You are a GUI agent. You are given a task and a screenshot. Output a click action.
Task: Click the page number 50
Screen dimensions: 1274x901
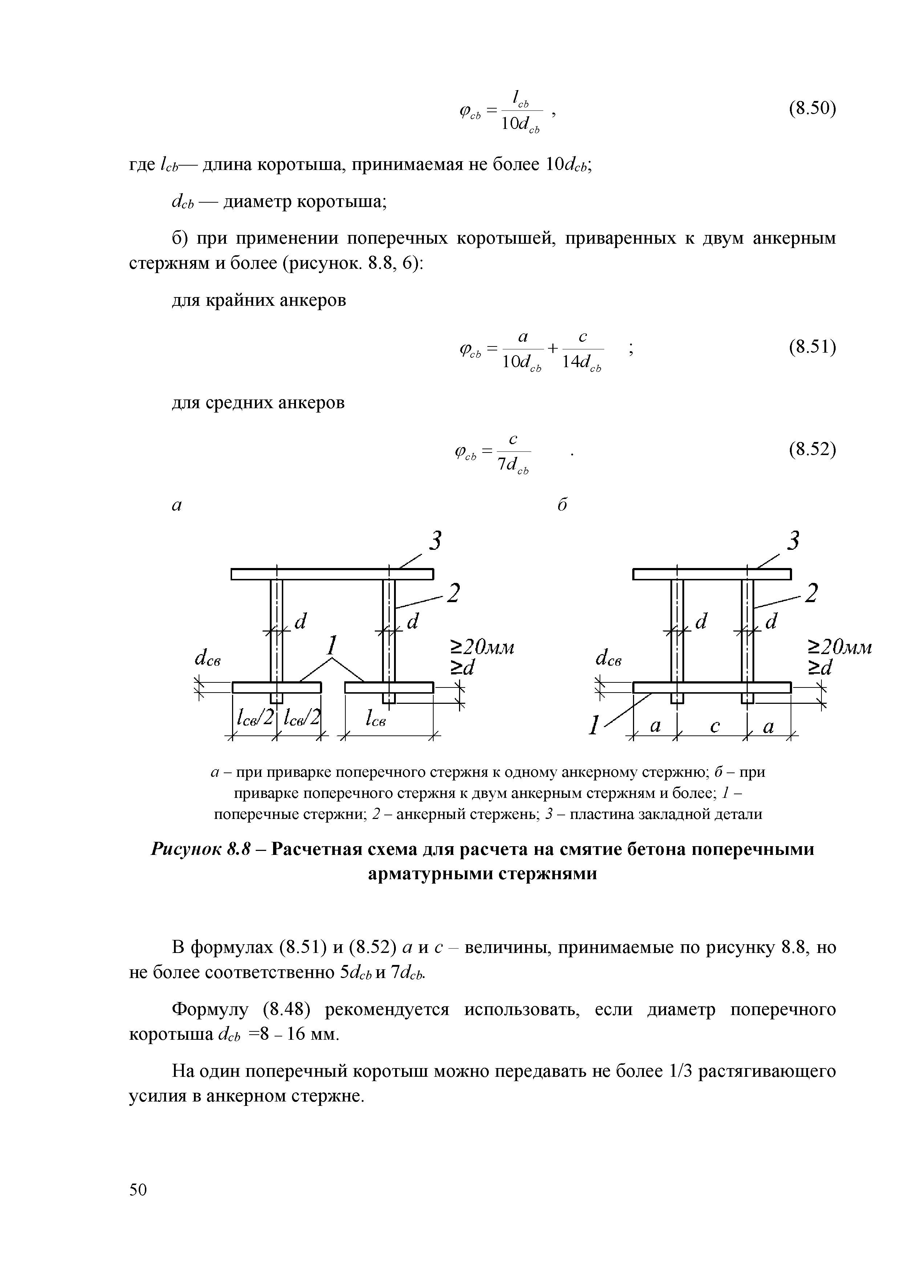(138, 1190)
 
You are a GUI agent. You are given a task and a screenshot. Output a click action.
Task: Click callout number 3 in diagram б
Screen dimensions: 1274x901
(795, 540)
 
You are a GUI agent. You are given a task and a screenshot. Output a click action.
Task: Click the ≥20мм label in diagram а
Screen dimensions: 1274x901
(482, 648)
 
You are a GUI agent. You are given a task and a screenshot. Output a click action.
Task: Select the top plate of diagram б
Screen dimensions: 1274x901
(712, 574)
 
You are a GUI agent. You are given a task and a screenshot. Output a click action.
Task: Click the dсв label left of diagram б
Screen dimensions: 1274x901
(609, 659)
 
